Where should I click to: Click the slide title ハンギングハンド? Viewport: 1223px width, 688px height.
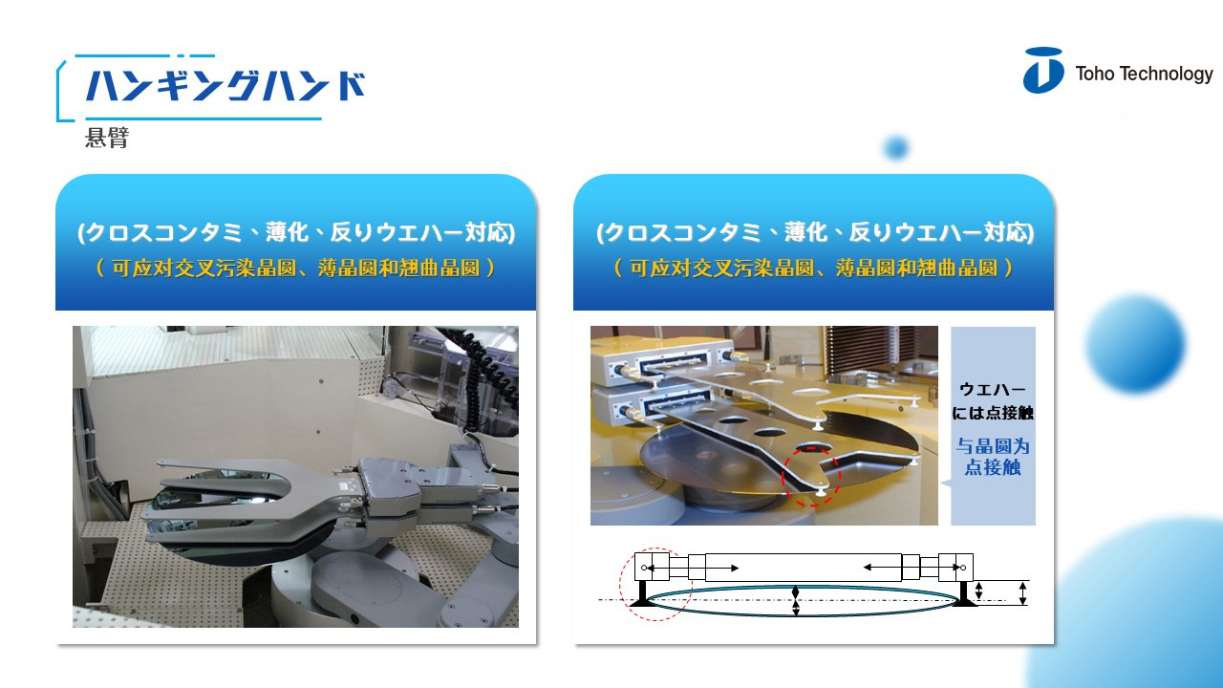pos(225,86)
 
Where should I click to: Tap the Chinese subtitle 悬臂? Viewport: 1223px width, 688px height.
pos(107,138)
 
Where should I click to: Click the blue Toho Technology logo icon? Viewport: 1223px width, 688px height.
pos(1042,71)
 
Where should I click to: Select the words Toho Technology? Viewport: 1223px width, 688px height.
pos(1144,74)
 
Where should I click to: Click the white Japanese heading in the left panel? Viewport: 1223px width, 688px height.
pos(296,232)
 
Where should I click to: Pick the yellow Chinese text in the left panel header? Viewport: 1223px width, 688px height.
pos(296,269)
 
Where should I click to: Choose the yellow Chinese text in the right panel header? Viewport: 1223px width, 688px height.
pos(814,269)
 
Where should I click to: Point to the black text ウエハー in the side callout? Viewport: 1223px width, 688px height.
pos(993,389)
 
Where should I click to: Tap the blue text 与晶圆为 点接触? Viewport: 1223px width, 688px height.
pos(993,457)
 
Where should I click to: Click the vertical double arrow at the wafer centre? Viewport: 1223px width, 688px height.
pos(796,601)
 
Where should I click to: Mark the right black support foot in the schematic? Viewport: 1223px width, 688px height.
pos(965,594)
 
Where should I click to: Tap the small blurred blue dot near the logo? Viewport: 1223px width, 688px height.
pos(896,147)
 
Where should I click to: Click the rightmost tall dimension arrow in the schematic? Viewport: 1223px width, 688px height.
pos(1022,593)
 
